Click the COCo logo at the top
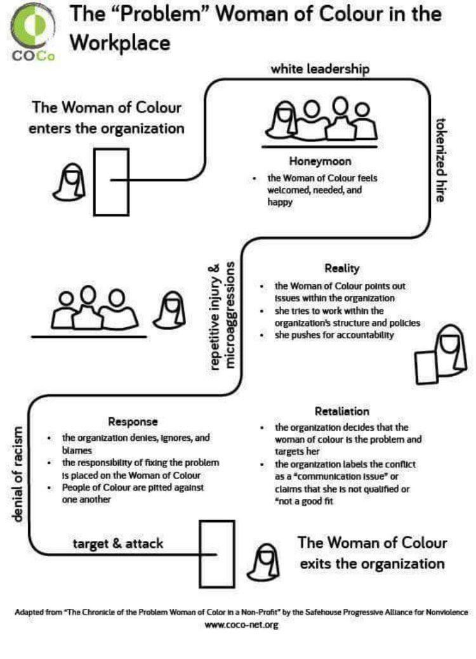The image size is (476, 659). click(x=32, y=32)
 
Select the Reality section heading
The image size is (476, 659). click(x=341, y=268)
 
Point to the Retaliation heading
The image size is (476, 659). click(x=341, y=411)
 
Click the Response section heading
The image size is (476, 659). click(x=133, y=422)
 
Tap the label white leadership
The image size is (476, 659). click(x=320, y=69)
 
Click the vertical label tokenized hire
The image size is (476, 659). click(x=439, y=160)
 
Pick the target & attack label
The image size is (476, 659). click(x=118, y=544)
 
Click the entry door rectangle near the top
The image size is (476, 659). click(x=111, y=181)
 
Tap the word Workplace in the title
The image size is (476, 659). click(x=120, y=42)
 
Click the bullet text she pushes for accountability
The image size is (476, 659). click(x=334, y=335)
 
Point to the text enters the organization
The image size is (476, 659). click(x=109, y=127)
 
